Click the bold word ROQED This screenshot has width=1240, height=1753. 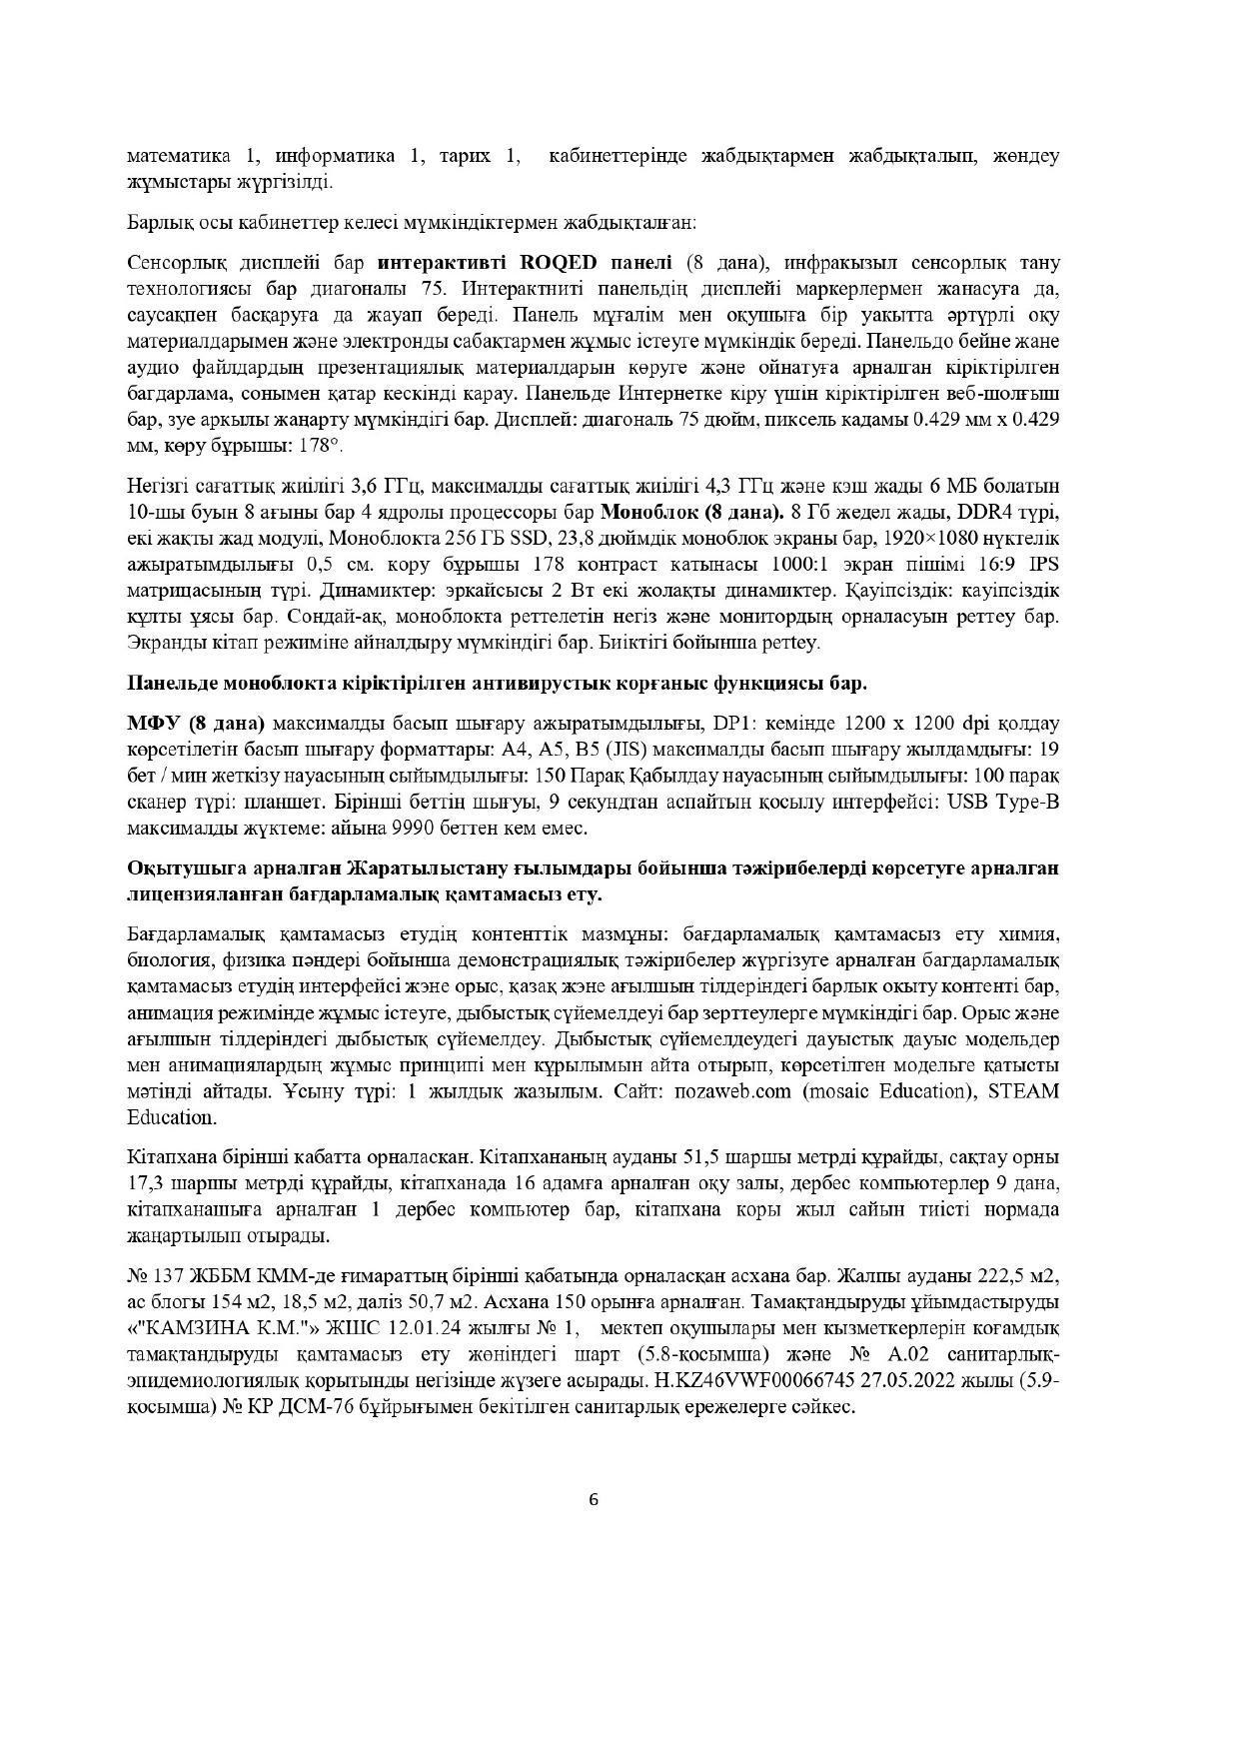coord(559,263)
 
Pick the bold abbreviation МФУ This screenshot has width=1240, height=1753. coord(152,723)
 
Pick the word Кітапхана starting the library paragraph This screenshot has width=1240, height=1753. coord(172,1157)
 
